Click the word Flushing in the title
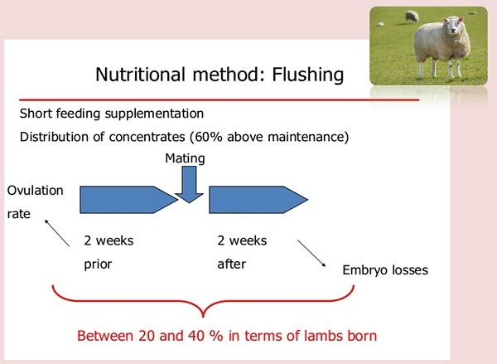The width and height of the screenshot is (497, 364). [x=308, y=75]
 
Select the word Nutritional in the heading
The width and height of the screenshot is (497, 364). [x=140, y=75]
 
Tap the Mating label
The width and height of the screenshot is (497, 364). [x=185, y=158]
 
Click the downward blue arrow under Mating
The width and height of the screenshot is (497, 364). [x=189, y=184]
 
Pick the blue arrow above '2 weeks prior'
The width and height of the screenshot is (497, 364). [x=128, y=200]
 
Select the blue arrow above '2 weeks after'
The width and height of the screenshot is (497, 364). [x=258, y=200]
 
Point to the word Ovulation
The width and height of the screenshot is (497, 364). [x=35, y=191]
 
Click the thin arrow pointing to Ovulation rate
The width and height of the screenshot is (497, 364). [x=57, y=233]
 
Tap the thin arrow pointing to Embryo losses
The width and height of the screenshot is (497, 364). [x=311, y=253]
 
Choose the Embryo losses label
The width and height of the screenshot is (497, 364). [x=385, y=270]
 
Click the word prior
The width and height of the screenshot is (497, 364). [x=98, y=264]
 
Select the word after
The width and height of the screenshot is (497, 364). [x=231, y=264]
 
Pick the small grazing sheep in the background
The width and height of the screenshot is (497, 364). [x=412, y=17]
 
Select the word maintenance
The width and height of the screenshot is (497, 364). [x=306, y=137]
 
